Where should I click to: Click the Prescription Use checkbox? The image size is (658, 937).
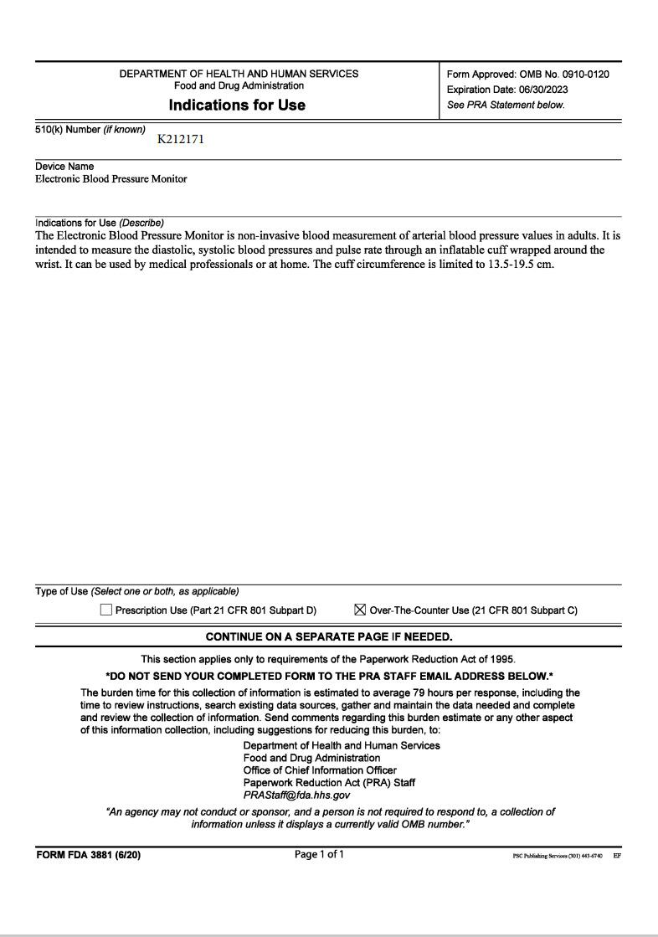pyautogui.click(x=106, y=610)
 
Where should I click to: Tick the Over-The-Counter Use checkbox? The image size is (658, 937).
pyautogui.click(x=360, y=610)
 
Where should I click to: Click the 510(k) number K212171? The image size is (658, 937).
pyautogui.click(x=180, y=139)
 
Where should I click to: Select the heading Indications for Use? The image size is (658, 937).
pyautogui.click(x=237, y=105)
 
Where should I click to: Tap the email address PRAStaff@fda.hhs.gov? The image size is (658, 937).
pyautogui.click(x=296, y=795)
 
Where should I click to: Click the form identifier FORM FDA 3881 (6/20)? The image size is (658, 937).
pyautogui.click(x=89, y=855)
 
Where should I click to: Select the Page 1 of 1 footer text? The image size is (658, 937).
pyautogui.click(x=319, y=854)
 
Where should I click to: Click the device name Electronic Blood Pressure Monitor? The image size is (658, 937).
pyautogui.click(x=111, y=179)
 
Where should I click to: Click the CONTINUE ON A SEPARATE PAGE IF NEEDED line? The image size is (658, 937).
pyautogui.click(x=329, y=636)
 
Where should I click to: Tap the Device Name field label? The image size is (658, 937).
pyautogui.click(x=64, y=166)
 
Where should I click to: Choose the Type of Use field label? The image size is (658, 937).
pyautogui.click(x=62, y=591)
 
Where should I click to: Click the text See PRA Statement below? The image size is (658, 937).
pyautogui.click(x=506, y=105)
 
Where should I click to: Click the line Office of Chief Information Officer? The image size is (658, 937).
pyautogui.click(x=320, y=770)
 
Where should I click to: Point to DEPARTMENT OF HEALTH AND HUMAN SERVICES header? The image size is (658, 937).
pyautogui.click(x=239, y=74)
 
